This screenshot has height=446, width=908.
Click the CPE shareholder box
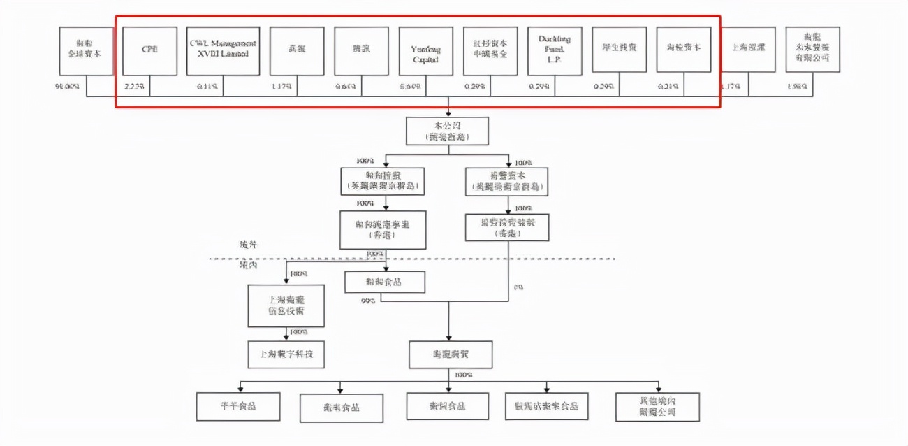pyautogui.click(x=149, y=51)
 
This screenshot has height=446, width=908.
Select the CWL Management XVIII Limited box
pyautogui.click(x=223, y=51)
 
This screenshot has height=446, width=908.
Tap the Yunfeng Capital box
pyautogui.click(x=425, y=51)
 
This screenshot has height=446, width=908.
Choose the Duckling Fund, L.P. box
pyautogui.click(x=555, y=51)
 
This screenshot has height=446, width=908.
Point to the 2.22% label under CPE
pyautogui.click(x=134, y=87)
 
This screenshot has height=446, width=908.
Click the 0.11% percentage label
pyautogui.click(x=208, y=87)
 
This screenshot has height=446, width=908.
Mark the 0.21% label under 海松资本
pyautogui.click(x=668, y=87)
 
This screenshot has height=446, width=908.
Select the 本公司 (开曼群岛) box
pyautogui.click(x=447, y=131)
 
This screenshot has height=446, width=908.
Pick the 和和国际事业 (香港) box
pyautogui.click(x=382, y=229)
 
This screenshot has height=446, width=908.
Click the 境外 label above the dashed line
pyautogui.click(x=248, y=246)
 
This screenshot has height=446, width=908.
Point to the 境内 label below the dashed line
pyautogui.click(x=248, y=266)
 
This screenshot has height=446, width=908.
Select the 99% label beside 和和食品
pyautogui.click(x=369, y=301)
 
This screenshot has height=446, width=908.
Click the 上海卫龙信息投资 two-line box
pyautogui.click(x=286, y=305)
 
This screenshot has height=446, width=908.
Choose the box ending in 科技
pyautogui.click(x=286, y=354)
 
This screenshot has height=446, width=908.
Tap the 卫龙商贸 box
pyautogui.click(x=450, y=354)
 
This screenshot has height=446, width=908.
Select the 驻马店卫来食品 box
pyautogui.click(x=546, y=406)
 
